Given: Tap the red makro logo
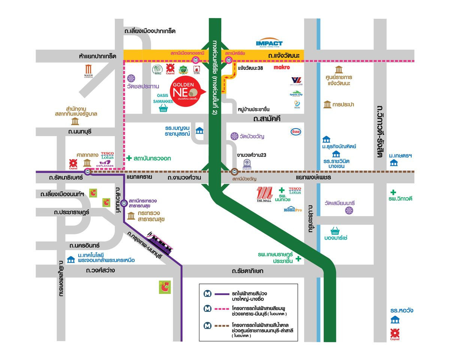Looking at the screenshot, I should click(282, 67).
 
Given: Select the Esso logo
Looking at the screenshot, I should click(295, 132).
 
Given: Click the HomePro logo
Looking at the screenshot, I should click(292, 209).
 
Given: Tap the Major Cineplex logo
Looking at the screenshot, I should click(88, 71).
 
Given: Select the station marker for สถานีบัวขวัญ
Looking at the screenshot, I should click(234, 171).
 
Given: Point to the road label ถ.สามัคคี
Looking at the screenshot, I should click(267, 119).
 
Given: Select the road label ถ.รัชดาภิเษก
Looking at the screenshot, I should click(247, 271).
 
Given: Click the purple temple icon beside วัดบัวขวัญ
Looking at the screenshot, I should click(234, 136).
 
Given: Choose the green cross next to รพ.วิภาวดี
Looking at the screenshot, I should click(393, 192).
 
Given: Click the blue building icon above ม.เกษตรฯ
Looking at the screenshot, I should click(394, 163).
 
